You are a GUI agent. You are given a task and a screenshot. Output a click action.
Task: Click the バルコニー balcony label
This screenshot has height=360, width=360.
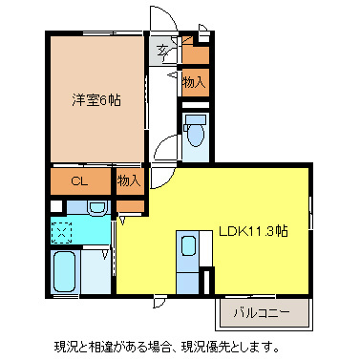point(265,311)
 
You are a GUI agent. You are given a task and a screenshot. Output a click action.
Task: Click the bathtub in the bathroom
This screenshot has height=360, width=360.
point(65,273)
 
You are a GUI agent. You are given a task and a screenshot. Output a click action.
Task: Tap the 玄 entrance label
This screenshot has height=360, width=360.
point(163,51)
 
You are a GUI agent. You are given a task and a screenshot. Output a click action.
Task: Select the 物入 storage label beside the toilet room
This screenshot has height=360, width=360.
point(194,83)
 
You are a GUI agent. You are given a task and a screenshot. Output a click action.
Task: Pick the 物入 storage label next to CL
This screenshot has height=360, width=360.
point(129,180)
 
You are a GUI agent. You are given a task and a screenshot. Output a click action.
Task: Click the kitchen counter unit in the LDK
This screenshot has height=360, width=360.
point(187,258)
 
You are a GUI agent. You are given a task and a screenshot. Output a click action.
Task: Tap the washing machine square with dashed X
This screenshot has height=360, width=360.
point(62,230)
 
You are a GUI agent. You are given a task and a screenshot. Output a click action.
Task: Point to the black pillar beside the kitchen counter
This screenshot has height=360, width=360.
point(211,283)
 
